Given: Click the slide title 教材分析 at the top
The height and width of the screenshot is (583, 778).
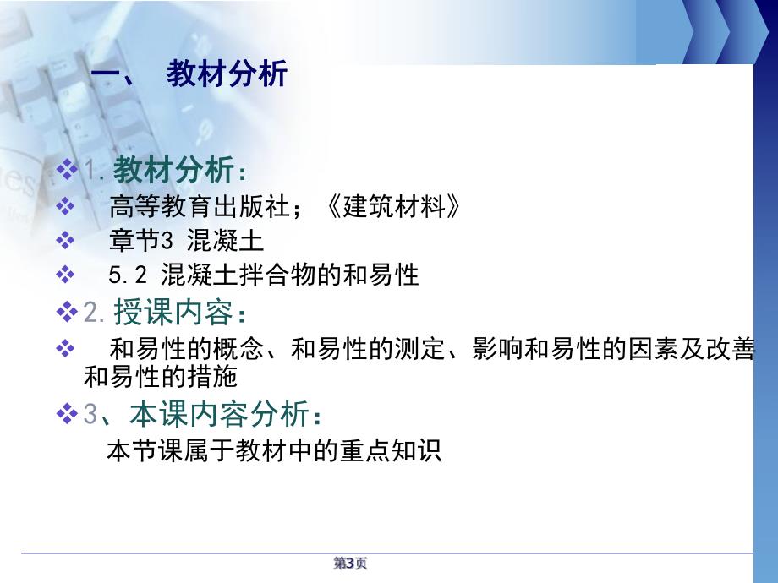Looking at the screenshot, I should (227, 75).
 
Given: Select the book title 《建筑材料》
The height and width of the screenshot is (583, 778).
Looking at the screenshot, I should (395, 206).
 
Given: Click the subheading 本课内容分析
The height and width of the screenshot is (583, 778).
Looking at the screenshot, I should (215, 413).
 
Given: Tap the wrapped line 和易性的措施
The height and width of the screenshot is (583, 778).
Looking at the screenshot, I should (161, 377).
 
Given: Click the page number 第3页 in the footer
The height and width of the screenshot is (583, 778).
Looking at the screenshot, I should (350, 564).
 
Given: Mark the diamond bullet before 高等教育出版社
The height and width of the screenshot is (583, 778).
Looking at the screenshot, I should (64, 206).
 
